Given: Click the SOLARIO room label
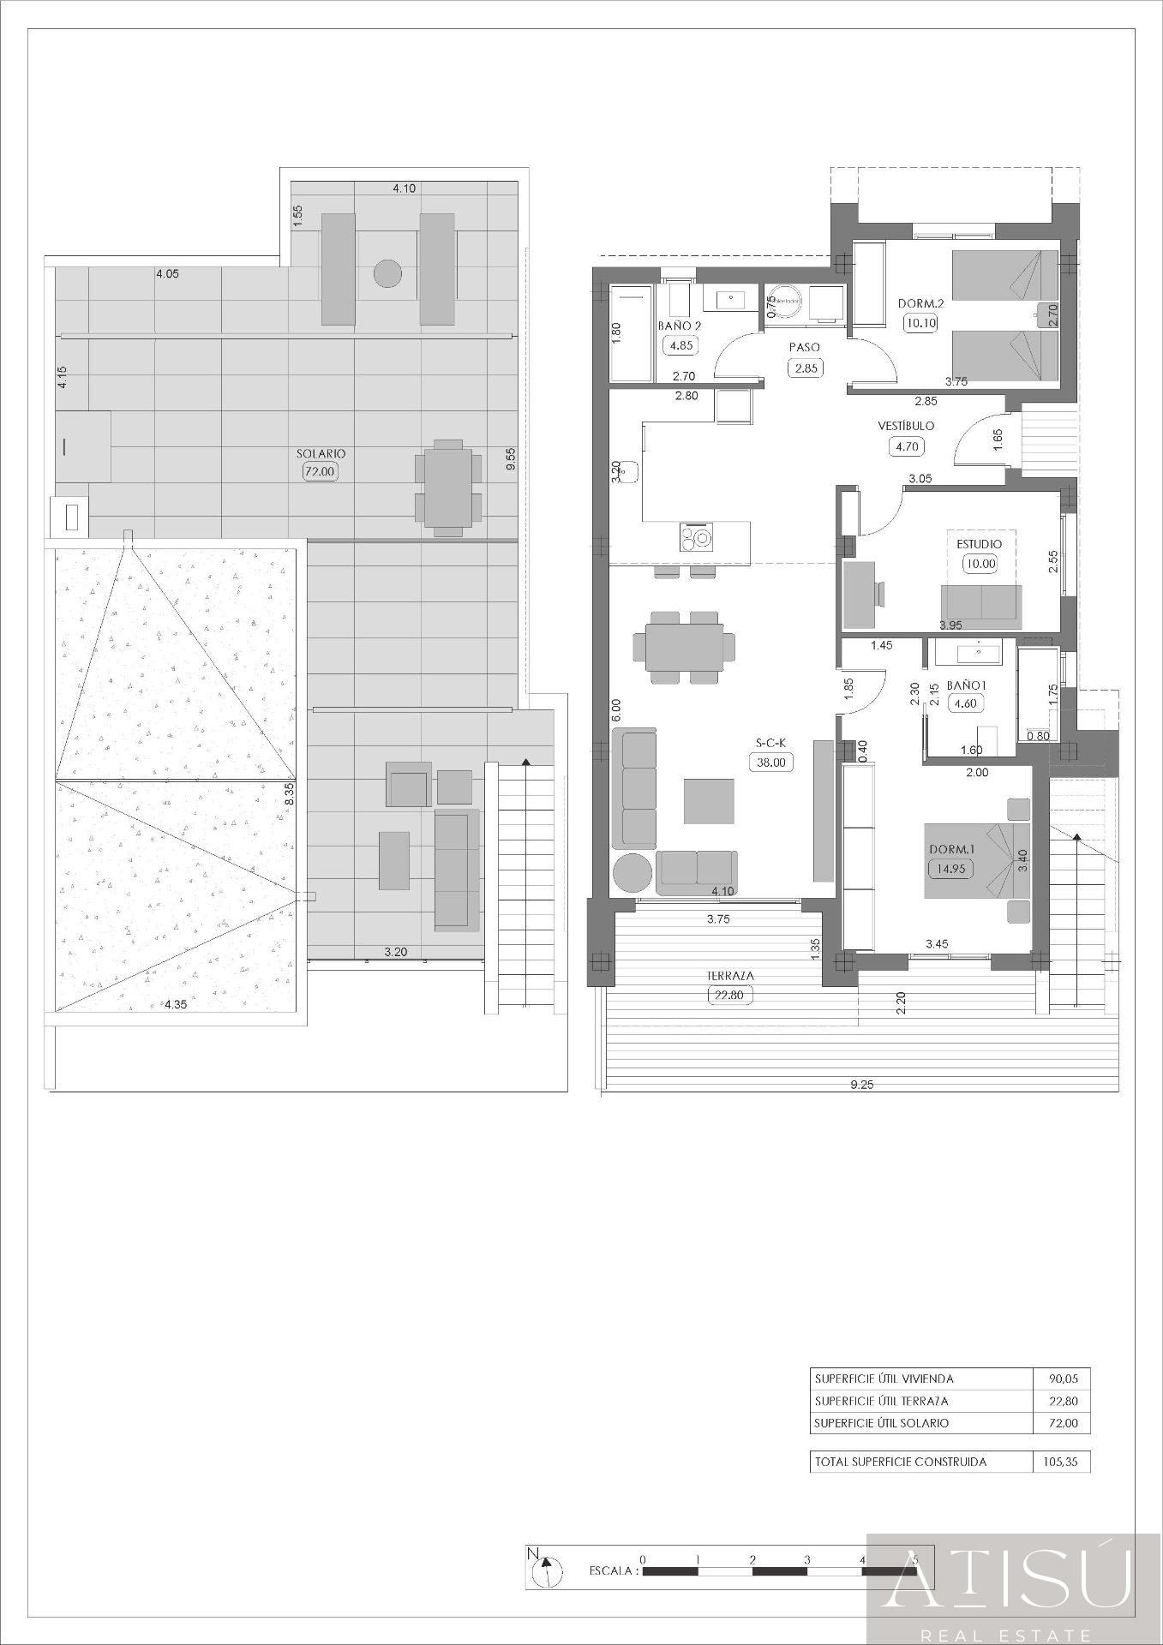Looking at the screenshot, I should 321,453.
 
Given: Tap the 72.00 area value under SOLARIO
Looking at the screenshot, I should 321,470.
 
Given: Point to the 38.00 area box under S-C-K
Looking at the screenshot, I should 770,762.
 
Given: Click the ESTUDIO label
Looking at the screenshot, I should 980,544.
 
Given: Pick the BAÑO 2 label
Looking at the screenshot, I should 680,326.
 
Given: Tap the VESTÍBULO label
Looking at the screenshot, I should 906,426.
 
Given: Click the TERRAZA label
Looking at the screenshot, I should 730,975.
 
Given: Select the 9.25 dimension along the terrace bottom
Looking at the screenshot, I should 861,1084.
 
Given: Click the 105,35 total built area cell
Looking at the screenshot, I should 1061,1462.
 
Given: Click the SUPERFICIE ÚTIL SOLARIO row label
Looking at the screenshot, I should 882,1423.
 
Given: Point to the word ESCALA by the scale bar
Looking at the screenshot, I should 613,1570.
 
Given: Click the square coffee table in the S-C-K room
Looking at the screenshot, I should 709,801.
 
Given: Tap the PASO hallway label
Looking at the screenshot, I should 804,347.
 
